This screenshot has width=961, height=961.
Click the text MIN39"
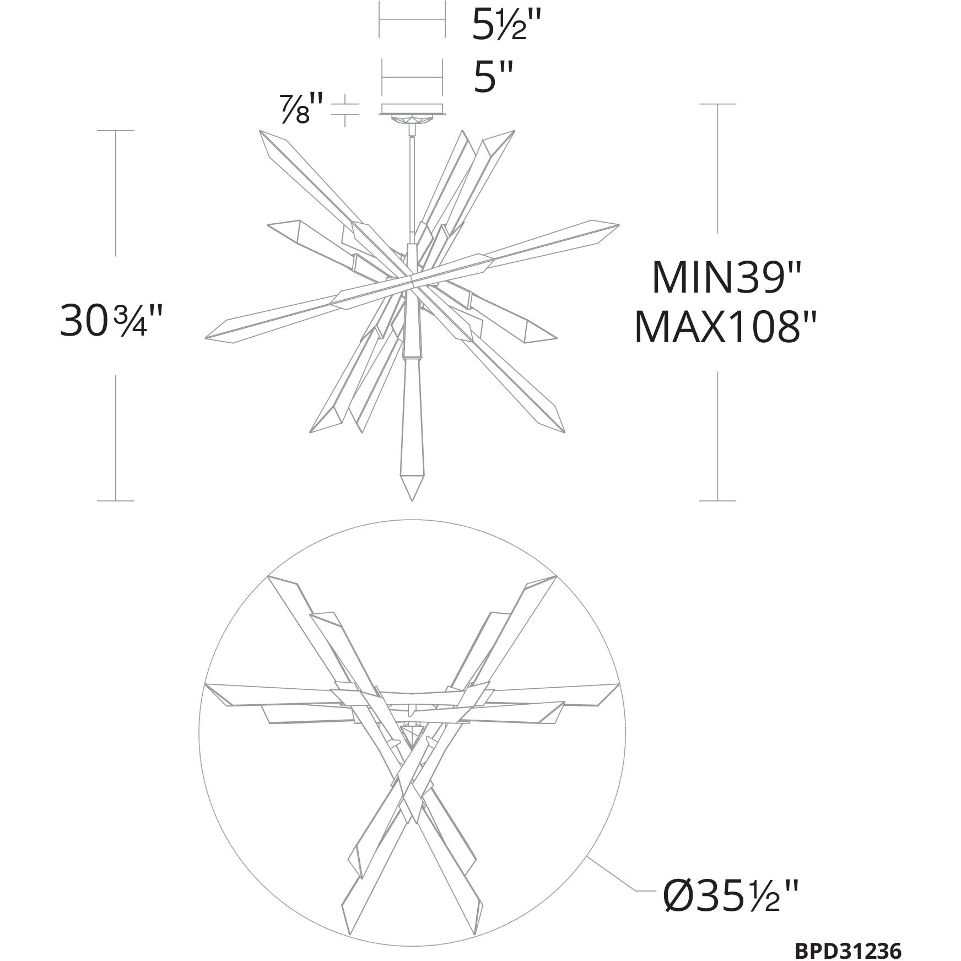point(725,279)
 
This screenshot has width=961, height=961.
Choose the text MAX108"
point(725,328)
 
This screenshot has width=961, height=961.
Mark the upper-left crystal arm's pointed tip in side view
point(261,133)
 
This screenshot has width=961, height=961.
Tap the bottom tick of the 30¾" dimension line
point(115,500)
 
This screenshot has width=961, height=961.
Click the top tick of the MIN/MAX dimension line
point(717,104)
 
